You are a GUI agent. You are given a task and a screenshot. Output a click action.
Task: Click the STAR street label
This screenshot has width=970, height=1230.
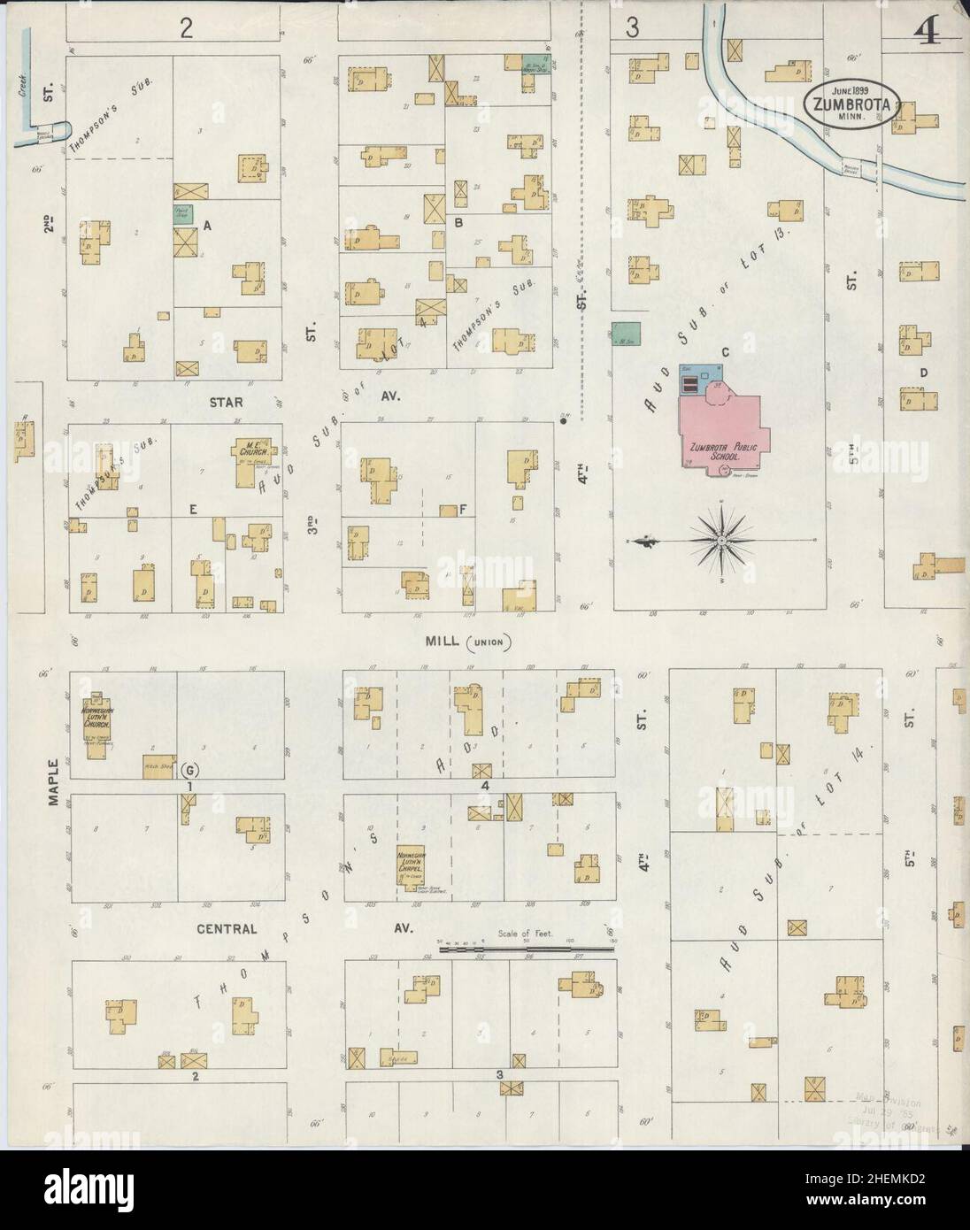tap(226, 401)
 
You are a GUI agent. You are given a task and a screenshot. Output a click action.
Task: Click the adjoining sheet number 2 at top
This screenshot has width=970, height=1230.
tap(186, 29)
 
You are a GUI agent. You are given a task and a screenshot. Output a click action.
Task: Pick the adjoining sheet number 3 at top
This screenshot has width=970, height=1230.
tap(632, 29)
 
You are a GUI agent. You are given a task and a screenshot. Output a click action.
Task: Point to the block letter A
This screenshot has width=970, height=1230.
tap(207, 226)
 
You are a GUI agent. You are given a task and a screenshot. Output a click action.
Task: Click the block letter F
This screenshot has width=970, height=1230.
tap(463, 510)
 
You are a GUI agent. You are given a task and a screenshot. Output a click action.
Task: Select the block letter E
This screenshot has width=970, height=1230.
tap(193, 509)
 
